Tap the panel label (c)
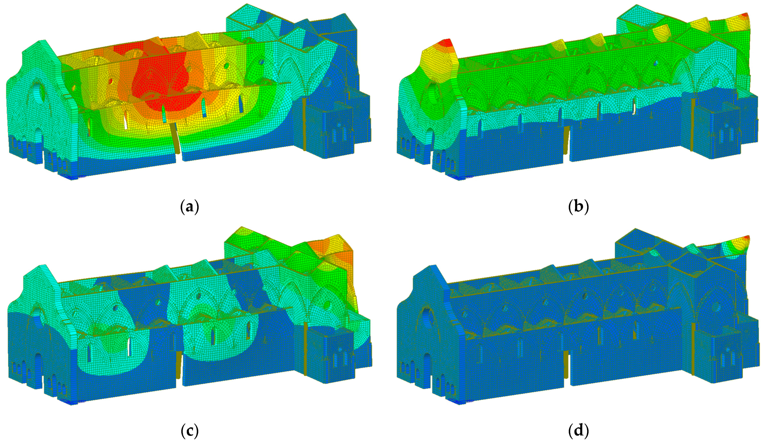[189, 431]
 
